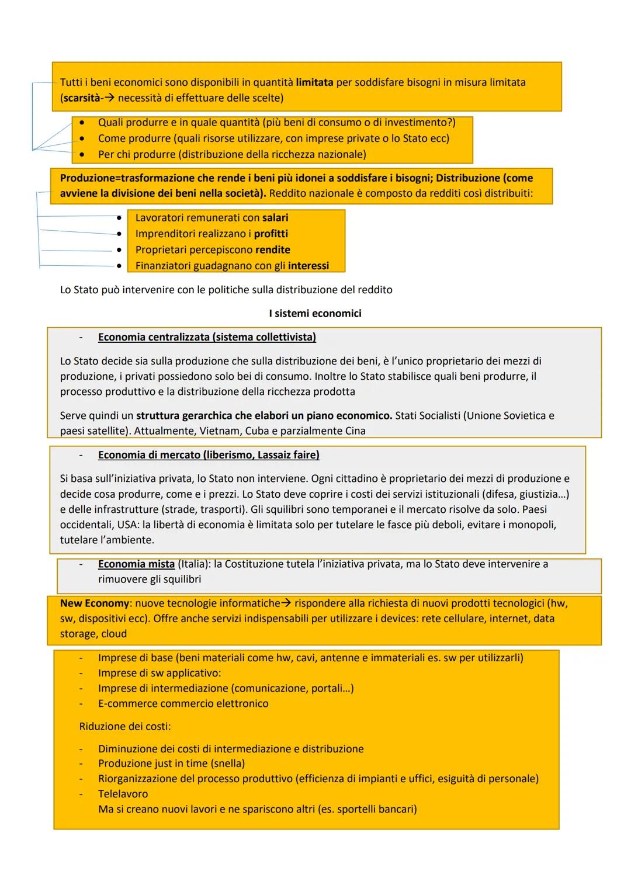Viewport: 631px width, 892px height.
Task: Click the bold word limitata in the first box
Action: pyautogui.click(x=314, y=82)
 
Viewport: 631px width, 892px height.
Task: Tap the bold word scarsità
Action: pyautogui.click(x=80, y=98)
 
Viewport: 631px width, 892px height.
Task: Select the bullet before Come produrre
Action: pyautogui.click(x=82, y=138)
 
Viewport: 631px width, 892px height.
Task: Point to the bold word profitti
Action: pyautogui.click(x=271, y=234)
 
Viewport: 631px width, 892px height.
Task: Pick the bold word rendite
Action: pyautogui.click(x=272, y=250)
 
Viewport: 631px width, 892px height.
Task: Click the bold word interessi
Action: pyautogui.click(x=308, y=266)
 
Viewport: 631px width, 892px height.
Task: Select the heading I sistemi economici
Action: pyautogui.click(x=315, y=314)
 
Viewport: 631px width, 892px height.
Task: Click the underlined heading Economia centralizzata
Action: pyautogui.click(x=207, y=337)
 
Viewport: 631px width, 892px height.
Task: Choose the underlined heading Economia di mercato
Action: pyautogui.click(x=209, y=454)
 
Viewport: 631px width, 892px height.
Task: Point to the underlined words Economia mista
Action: pyautogui.click(x=136, y=564)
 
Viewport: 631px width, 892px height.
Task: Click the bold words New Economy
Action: pyautogui.click(x=94, y=603)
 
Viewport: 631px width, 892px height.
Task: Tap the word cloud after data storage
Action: pyautogui.click(x=113, y=634)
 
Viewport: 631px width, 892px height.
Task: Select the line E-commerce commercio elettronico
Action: pyautogui.click(x=183, y=703)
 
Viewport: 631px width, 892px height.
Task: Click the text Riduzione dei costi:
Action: pyautogui.click(x=125, y=727)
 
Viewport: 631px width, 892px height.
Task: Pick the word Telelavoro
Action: pyautogui.click(x=123, y=794)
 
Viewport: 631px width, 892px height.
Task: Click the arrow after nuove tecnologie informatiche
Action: pyautogui.click(x=286, y=603)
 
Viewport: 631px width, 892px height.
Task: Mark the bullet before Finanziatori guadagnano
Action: pyautogui.click(x=120, y=266)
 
